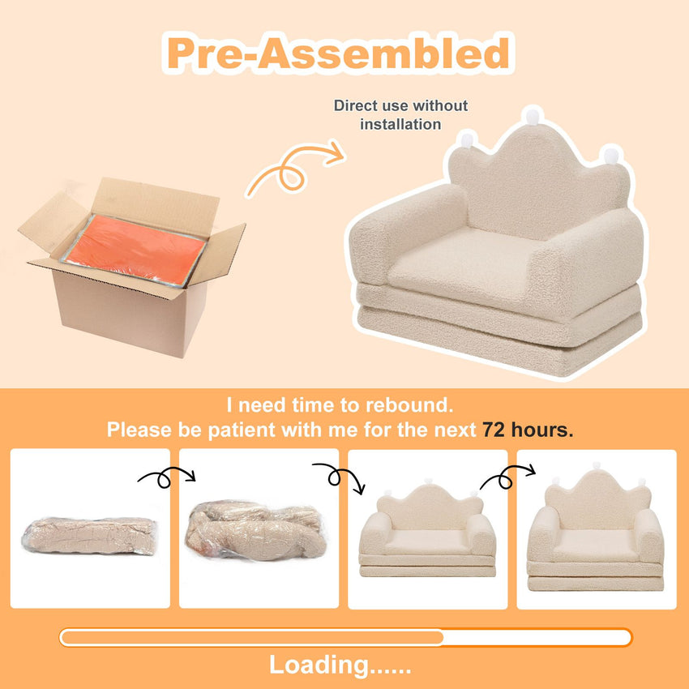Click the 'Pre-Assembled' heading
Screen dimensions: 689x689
point(338,53)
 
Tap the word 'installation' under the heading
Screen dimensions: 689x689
point(400,124)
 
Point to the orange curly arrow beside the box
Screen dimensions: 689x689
point(294,169)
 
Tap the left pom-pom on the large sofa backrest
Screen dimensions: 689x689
point(467,140)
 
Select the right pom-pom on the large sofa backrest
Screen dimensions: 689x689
point(611,156)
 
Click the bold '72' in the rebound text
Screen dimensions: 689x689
point(494,430)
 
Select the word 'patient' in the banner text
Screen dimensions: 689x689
point(242,430)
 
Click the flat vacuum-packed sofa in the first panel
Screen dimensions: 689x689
point(89,536)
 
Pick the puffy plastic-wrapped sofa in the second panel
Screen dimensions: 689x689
point(256,530)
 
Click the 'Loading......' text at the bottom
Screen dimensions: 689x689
point(340,665)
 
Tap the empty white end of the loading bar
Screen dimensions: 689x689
point(537,638)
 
